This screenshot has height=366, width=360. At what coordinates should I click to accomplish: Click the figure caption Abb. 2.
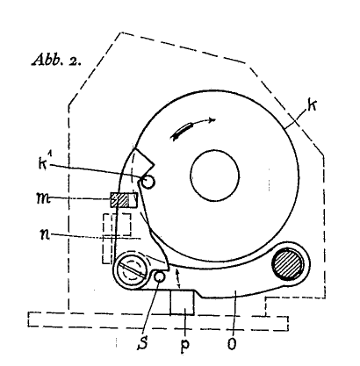click(x=55, y=60)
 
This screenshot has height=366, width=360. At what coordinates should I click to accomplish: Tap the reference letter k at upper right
click(x=313, y=105)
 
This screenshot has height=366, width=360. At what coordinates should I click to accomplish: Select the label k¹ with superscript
click(x=43, y=162)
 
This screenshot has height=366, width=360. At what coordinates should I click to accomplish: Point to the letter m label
click(x=43, y=199)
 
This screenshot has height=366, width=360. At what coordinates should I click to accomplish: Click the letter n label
click(x=45, y=235)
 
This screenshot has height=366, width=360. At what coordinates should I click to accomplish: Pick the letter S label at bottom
click(x=142, y=342)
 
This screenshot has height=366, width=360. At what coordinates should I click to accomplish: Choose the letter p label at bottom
click(x=184, y=344)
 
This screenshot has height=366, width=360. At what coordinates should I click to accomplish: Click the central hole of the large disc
click(x=215, y=176)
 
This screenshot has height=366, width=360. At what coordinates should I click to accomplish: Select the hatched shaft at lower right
click(x=288, y=263)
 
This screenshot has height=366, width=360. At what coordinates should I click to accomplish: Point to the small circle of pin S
click(x=160, y=276)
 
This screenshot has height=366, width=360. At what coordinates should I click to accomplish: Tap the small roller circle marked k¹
click(x=148, y=182)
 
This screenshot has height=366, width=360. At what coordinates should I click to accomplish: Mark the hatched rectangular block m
click(x=124, y=200)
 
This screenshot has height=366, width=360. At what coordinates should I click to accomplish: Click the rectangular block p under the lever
click(x=182, y=303)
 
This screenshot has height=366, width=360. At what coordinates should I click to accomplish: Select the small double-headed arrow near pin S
click(x=177, y=279)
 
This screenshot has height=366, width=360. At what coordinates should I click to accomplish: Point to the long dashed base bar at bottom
click(x=158, y=320)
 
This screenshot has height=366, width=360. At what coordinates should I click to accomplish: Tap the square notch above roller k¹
click(x=142, y=161)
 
